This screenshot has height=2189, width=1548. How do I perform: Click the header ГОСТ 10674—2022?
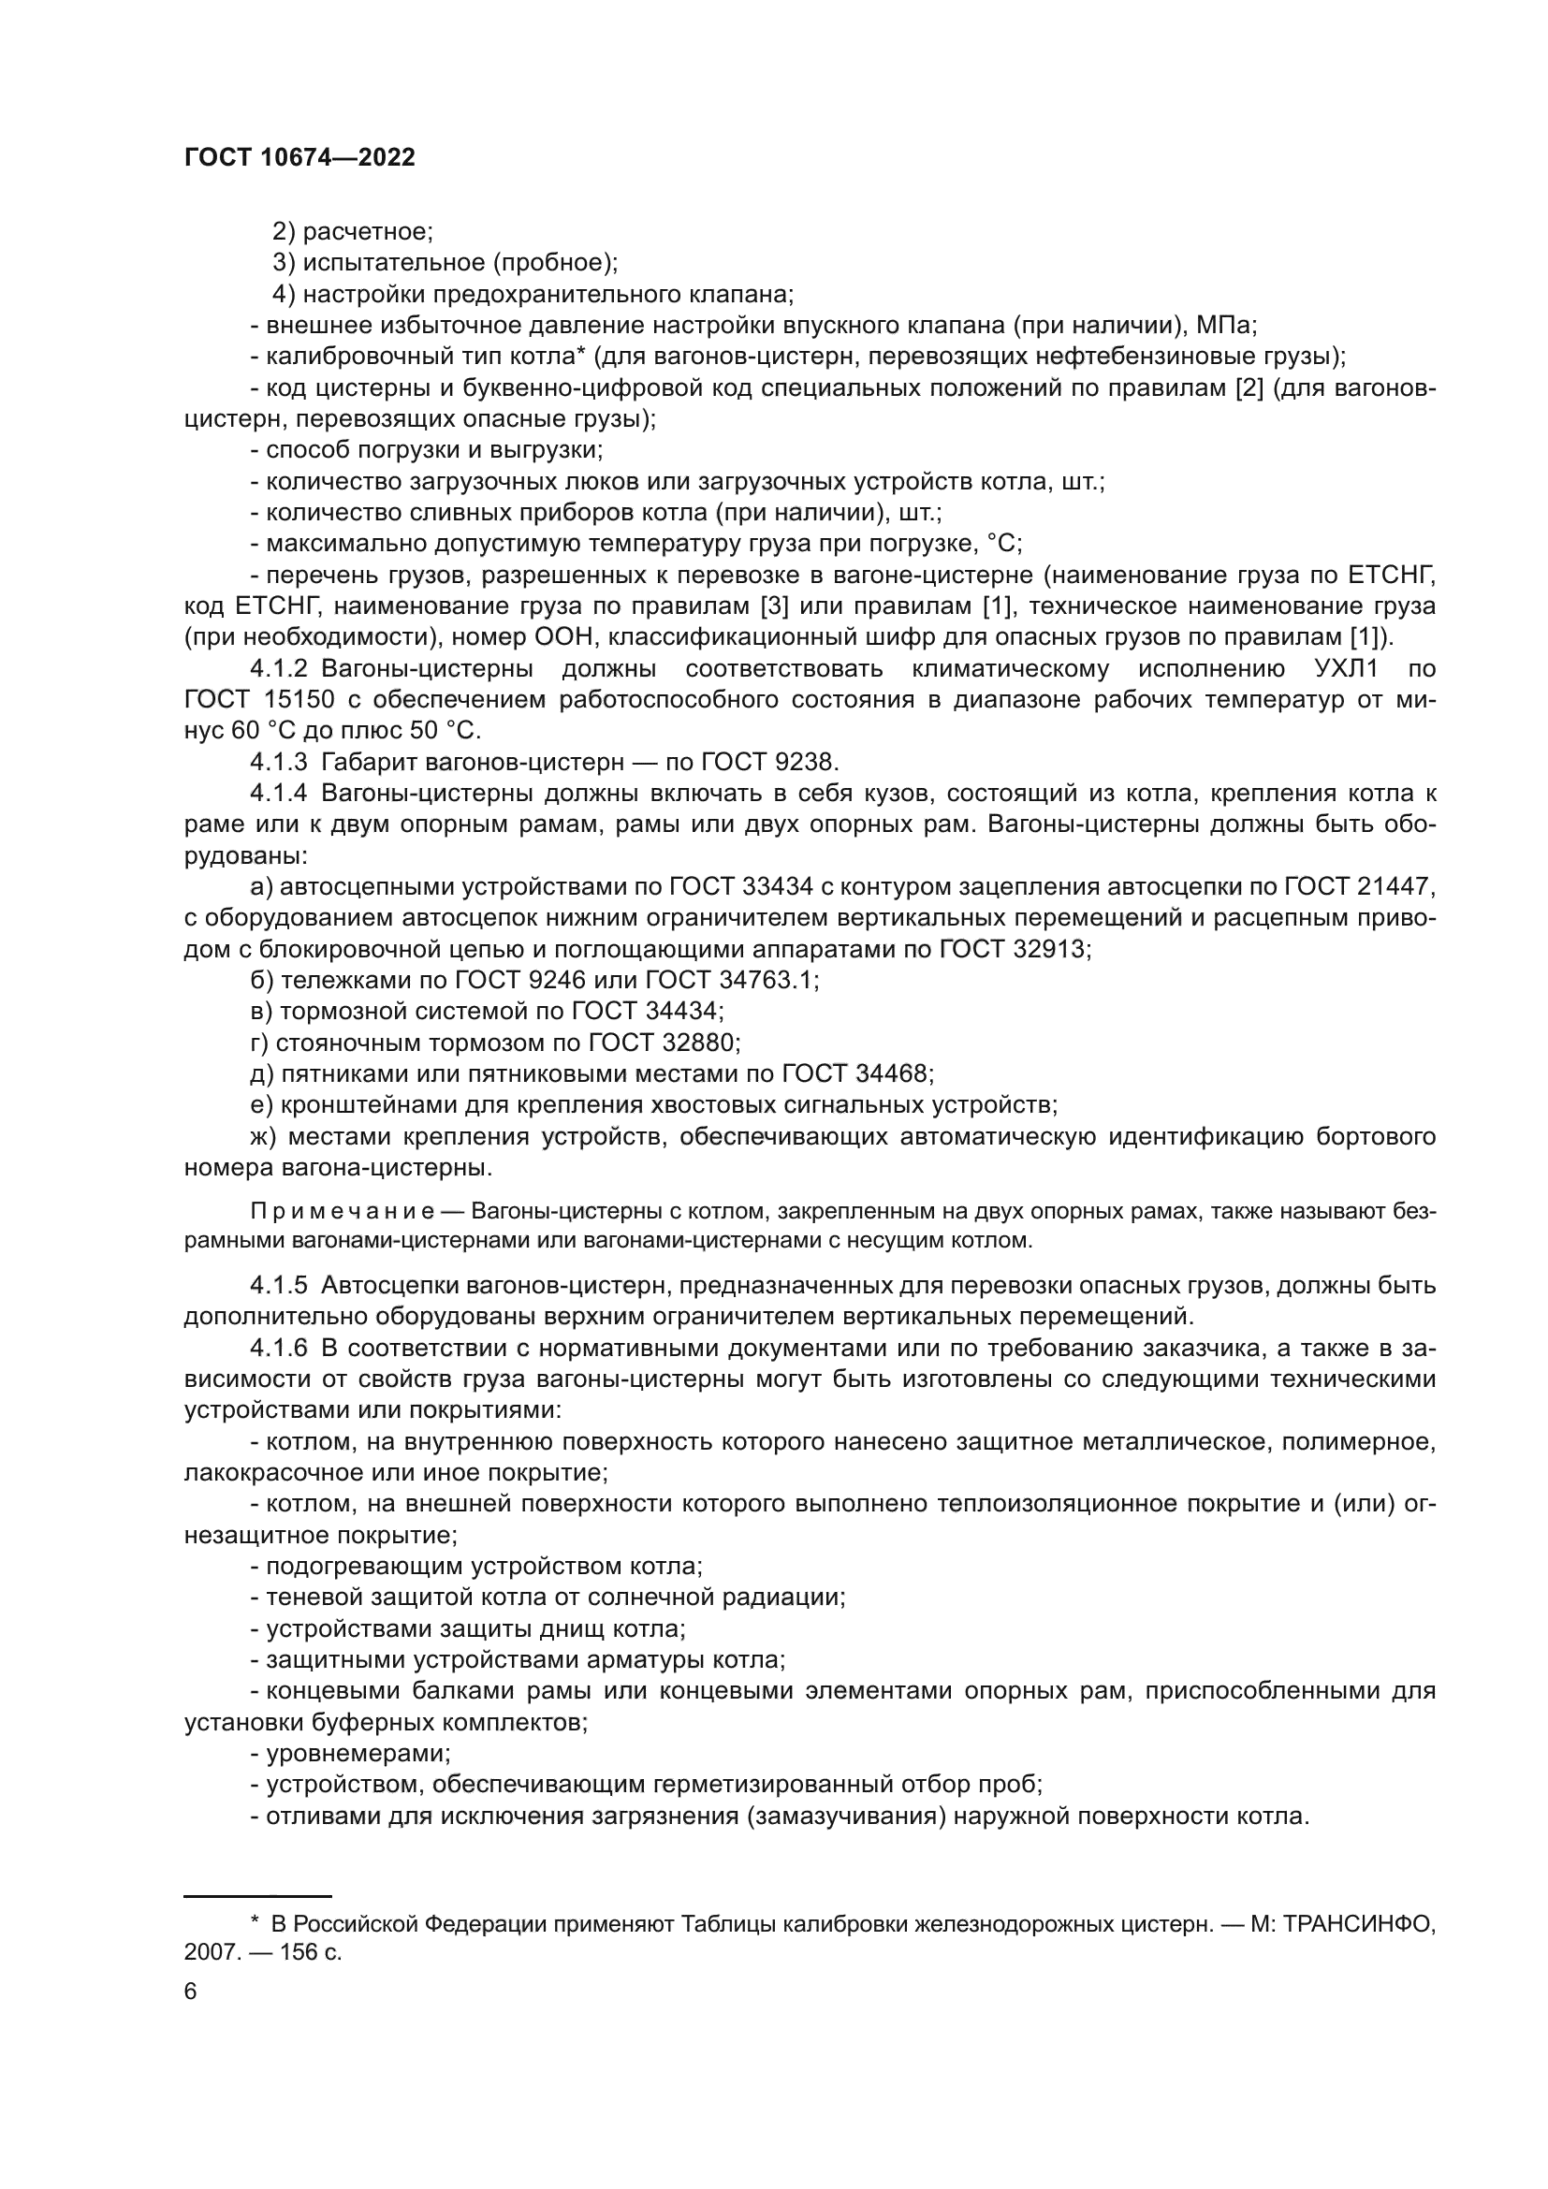(x=299, y=158)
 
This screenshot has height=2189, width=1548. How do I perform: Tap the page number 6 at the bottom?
(x=191, y=1992)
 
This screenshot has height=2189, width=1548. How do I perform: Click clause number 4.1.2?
(x=278, y=668)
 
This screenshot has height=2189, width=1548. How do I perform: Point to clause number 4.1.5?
(x=278, y=1285)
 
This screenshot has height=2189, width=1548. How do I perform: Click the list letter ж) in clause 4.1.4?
(x=262, y=1136)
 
